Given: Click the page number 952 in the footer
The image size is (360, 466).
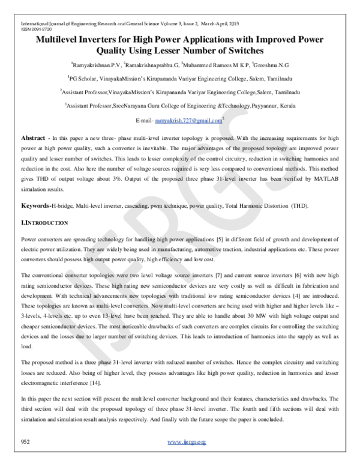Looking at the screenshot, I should (x=26, y=442).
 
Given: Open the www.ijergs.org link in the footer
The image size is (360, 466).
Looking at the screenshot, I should (x=187, y=443).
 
